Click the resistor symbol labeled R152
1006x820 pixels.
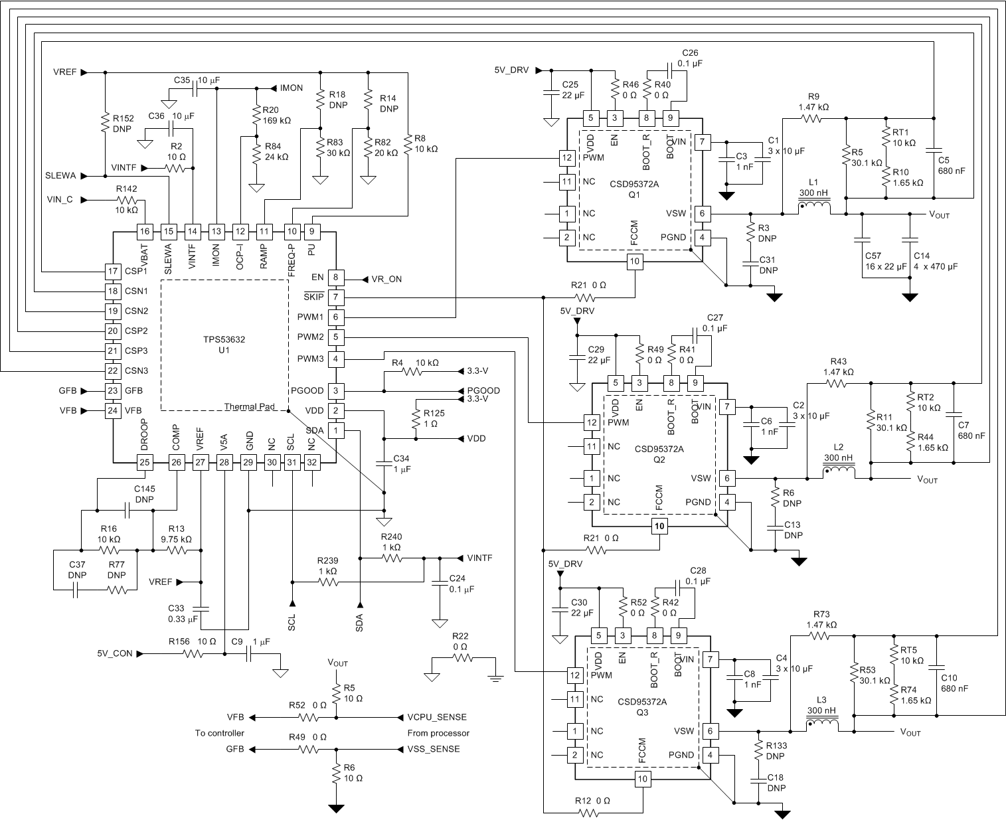click(105, 122)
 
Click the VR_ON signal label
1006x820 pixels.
click(388, 279)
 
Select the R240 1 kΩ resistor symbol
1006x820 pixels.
click(391, 558)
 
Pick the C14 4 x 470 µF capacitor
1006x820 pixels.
click(909, 238)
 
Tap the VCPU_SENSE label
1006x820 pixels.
click(438, 717)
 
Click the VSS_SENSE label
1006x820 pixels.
click(434, 749)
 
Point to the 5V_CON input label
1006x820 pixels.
click(115, 653)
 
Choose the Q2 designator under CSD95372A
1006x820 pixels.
click(659, 459)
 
